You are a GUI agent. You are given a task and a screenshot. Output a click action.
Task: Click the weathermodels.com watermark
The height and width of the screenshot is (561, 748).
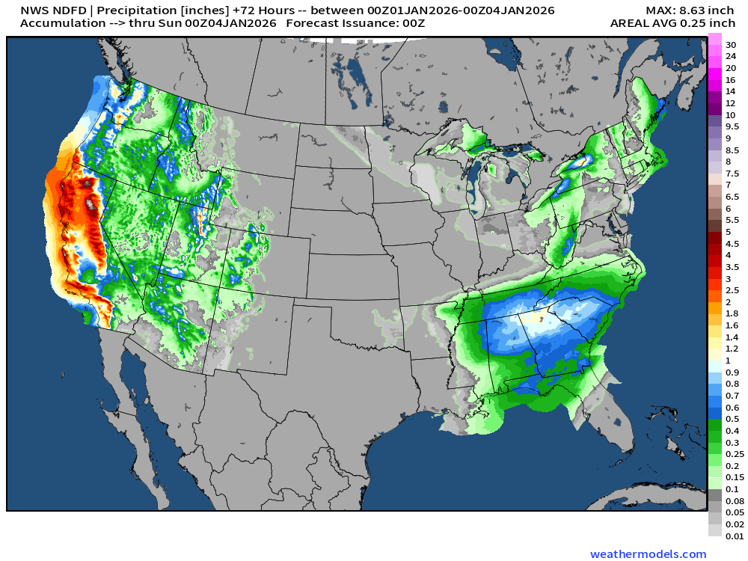tap(648, 554)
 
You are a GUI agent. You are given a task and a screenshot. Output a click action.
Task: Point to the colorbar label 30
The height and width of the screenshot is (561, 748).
tap(730, 45)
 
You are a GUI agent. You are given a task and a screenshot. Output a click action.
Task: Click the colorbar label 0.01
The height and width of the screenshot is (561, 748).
tap(734, 536)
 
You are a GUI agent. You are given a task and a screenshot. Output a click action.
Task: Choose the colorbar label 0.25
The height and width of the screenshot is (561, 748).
tap(734, 454)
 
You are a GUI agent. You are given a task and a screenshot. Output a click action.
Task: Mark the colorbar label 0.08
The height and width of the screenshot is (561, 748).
tap(734, 500)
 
